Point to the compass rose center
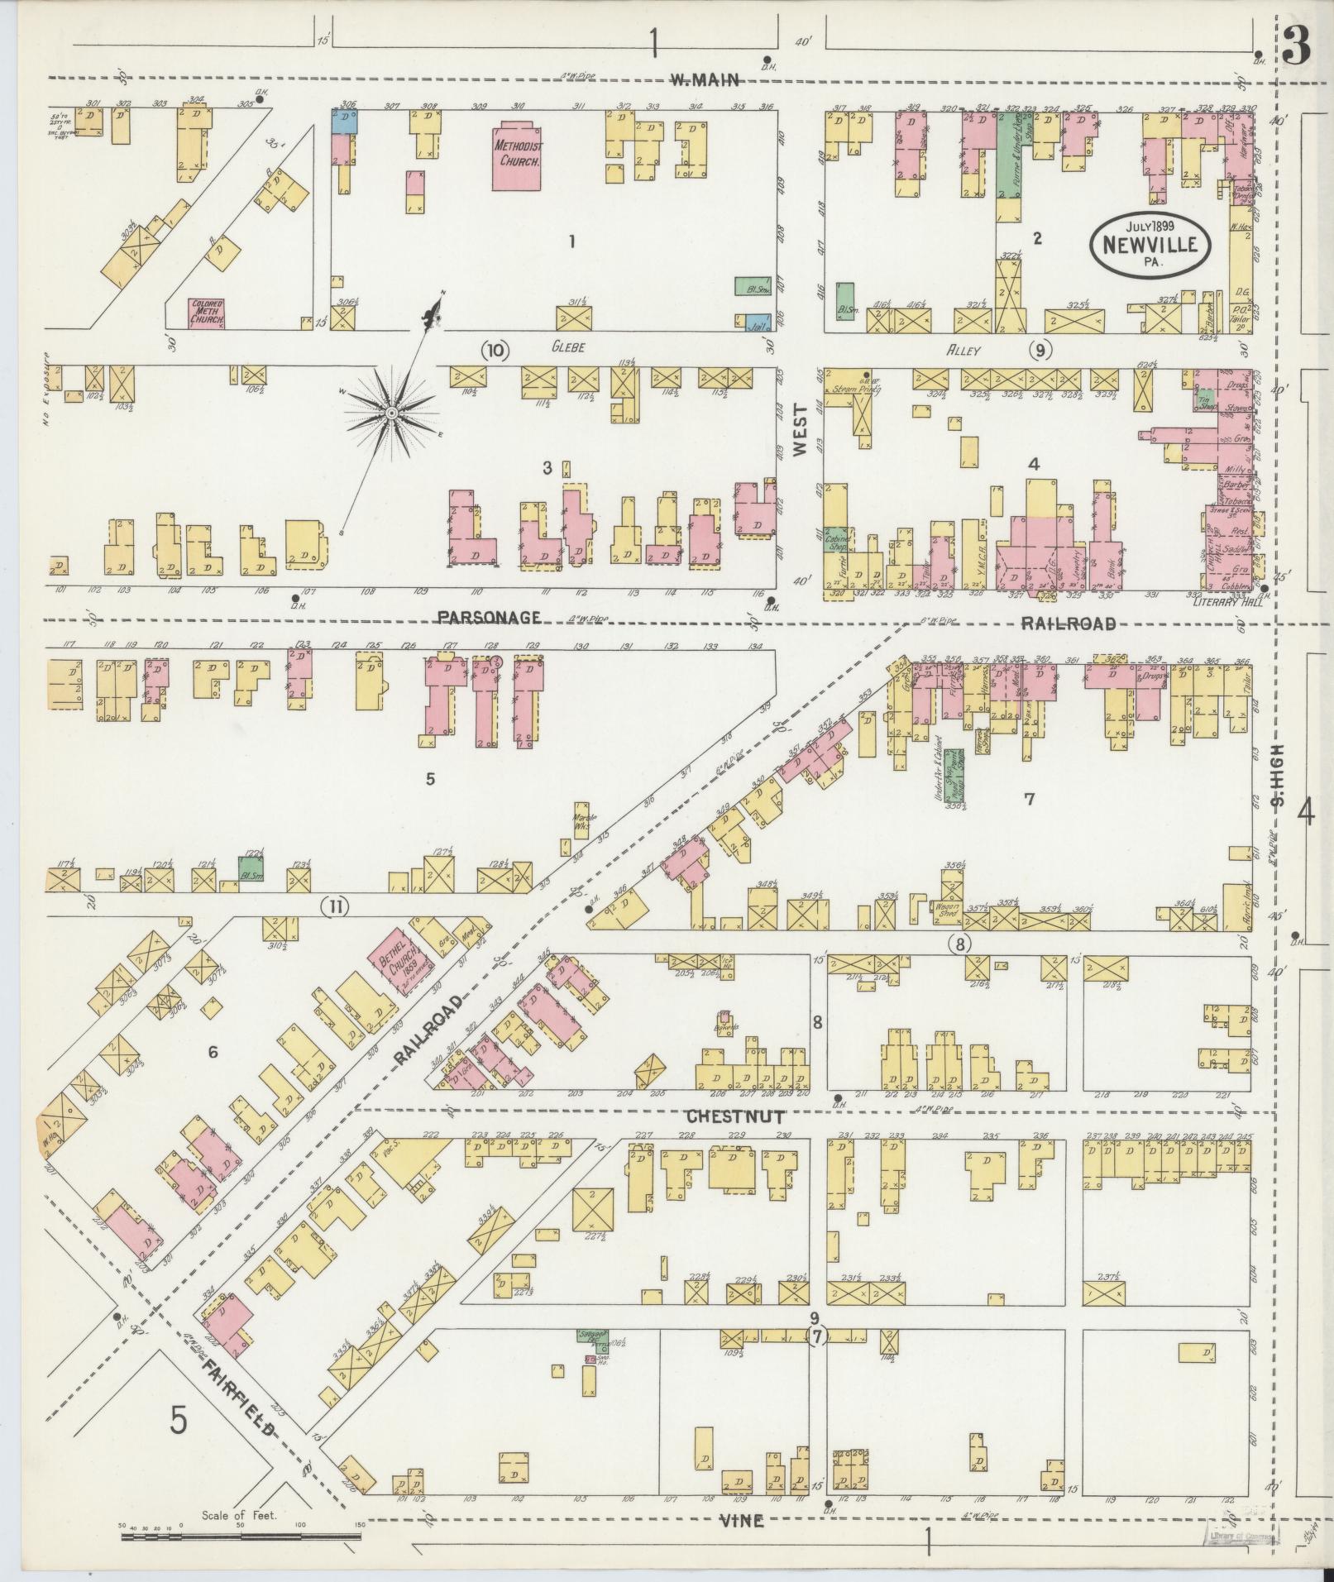[x=390, y=411]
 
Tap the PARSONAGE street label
[x=489, y=617]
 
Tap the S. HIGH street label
[x=1278, y=773]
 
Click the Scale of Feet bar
[x=241, y=1537]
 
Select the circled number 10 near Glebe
[x=495, y=350]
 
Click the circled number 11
[x=335, y=907]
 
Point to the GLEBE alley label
[x=568, y=347]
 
